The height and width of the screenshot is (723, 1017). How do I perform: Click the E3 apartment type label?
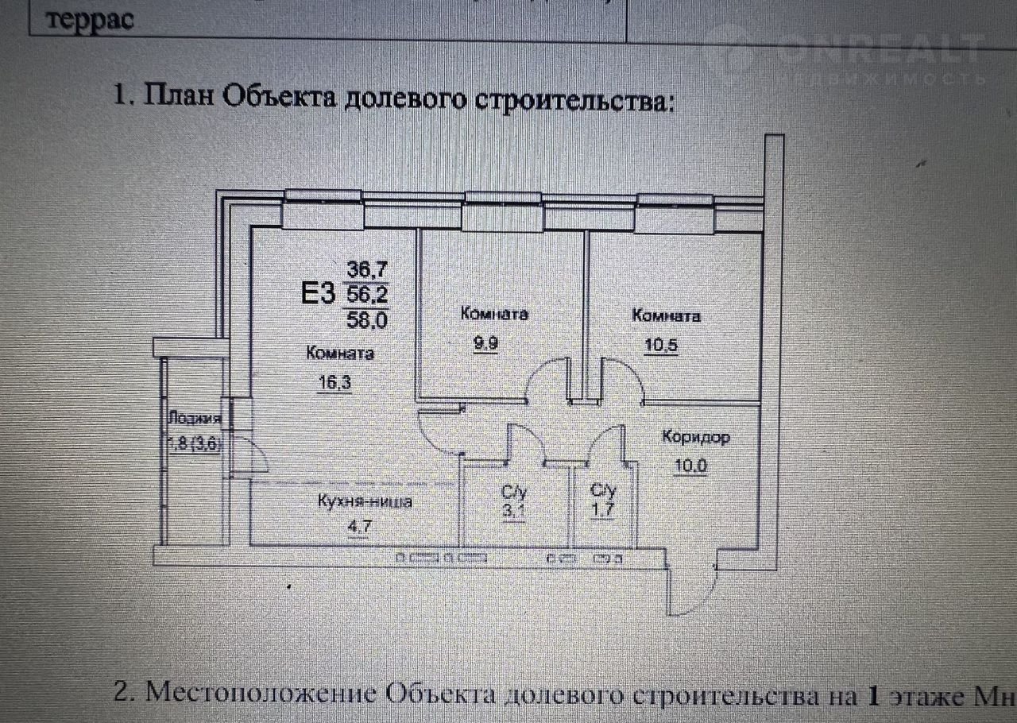point(316,294)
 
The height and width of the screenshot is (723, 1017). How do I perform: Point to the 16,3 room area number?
point(334,381)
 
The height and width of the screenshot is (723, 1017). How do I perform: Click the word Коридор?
point(696,438)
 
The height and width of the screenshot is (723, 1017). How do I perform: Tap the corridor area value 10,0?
point(690,466)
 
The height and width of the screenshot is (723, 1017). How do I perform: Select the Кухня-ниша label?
point(365,502)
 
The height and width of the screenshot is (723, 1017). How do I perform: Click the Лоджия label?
point(194,421)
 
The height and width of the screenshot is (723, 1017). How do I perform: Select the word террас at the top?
point(90,19)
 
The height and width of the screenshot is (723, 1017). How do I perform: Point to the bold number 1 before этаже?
point(872,697)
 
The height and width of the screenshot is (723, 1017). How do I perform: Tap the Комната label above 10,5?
point(666,316)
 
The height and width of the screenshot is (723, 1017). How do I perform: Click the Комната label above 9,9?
point(494,315)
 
